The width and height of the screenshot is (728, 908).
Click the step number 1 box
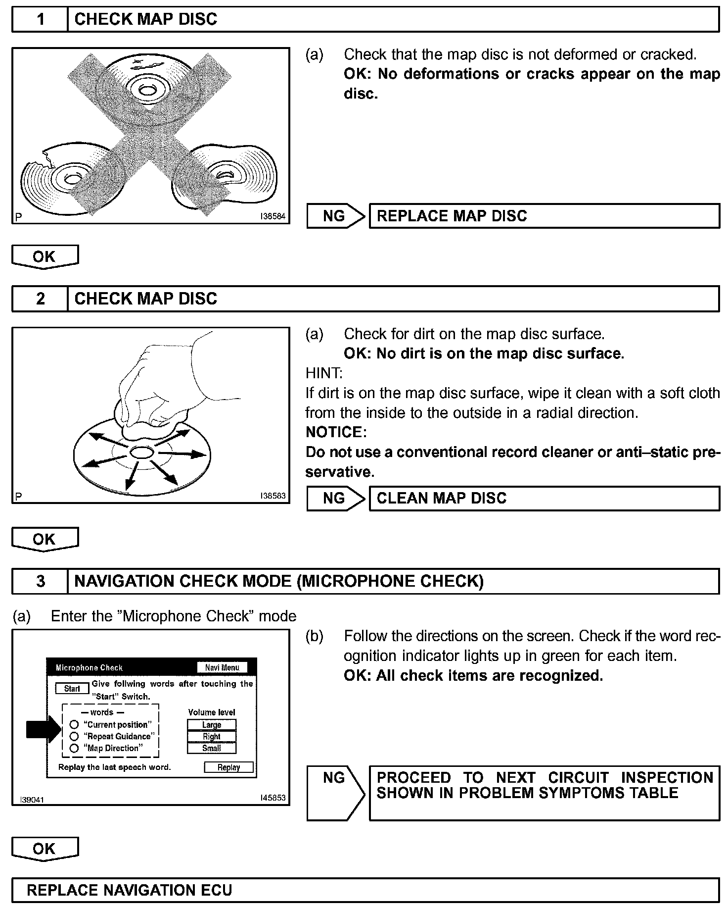click(40, 19)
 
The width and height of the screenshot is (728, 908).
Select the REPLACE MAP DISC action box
click(544, 216)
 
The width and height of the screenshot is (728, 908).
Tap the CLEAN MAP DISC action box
click(544, 498)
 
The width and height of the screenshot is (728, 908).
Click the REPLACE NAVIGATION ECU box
click(365, 890)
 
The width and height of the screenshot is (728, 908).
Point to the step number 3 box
click(40, 581)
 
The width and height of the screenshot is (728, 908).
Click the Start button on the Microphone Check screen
click(72, 689)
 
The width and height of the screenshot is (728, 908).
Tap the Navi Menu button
click(222, 667)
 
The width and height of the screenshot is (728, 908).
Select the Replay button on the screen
click(228, 767)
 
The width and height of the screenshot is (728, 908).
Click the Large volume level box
click(212, 725)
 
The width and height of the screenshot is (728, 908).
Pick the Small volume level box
click(212, 748)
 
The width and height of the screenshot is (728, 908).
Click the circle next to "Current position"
click(74, 725)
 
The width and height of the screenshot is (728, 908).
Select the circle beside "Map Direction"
click(74, 748)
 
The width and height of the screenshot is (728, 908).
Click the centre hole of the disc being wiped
click(141, 452)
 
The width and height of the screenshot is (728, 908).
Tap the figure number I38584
click(273, 216)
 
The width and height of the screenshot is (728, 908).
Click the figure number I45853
click(273, 798)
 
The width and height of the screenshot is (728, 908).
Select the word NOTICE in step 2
click(335, 432)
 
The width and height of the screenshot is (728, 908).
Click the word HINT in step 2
click(323, 373)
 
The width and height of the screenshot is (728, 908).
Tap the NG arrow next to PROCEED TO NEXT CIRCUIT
click(335, 792)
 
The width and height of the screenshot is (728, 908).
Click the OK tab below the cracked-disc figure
click(45, 256)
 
